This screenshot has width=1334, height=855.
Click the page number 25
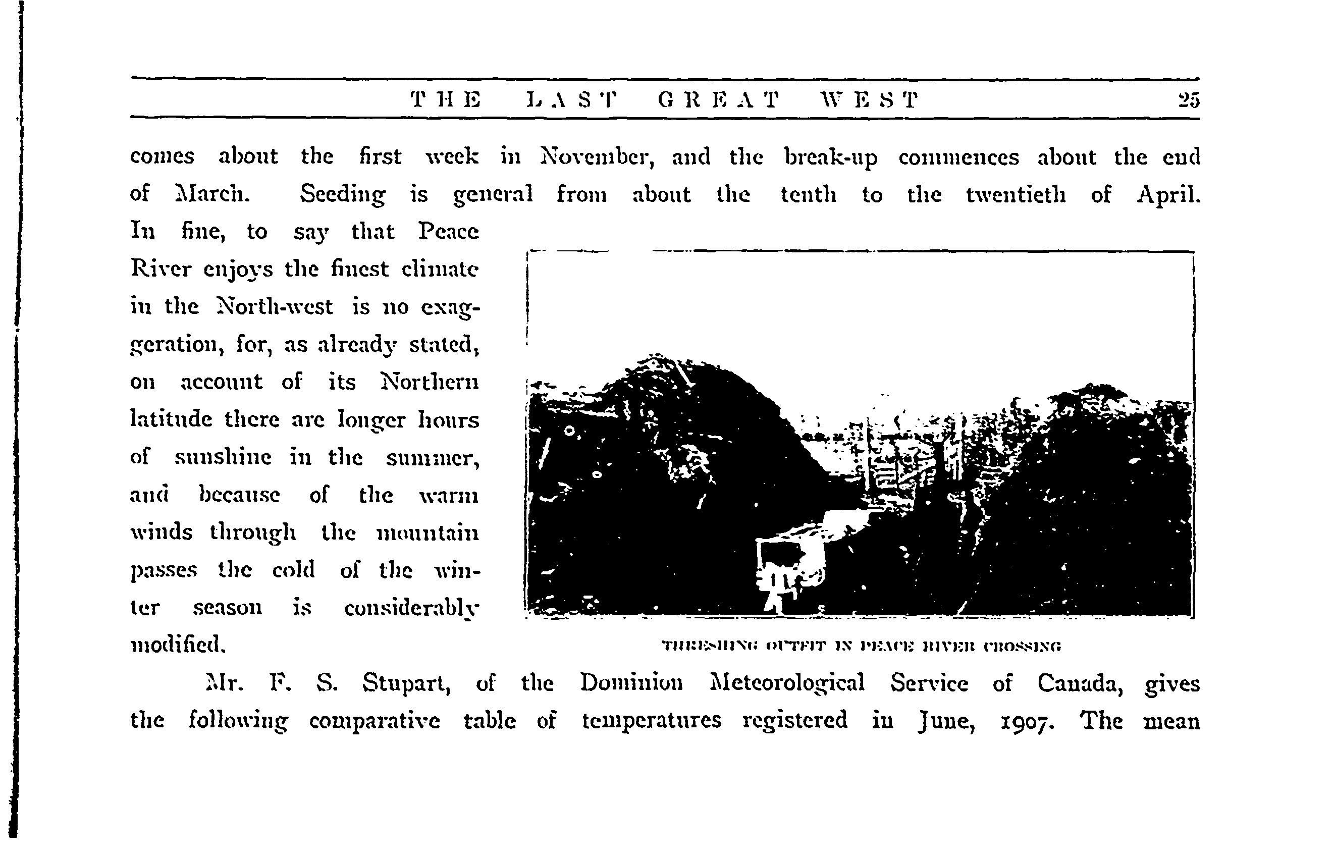[x=1188, y=100]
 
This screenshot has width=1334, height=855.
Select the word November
[x=597, y=157]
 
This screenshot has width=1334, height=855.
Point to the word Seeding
[x=343, y=195]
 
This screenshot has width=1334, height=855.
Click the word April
[x=1168, y=195]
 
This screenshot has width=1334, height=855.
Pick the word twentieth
[x=1016, y=195]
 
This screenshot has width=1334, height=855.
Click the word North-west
[x=274, y=306]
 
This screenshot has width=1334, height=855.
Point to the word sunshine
[x=223, y=457]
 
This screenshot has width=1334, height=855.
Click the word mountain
[x=428, y=533]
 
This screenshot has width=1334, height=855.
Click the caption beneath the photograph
[x=861, y=646]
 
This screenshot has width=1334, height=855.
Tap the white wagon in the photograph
[x=788, y=561]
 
